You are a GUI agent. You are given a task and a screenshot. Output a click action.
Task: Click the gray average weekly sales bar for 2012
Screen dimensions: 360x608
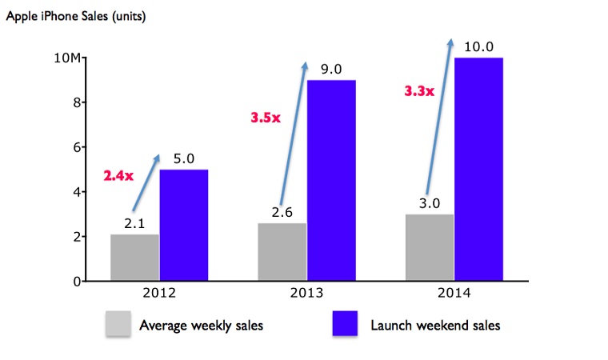[x=134, y=257]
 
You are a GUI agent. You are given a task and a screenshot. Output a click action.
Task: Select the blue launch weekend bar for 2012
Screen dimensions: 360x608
[x=183, y=225]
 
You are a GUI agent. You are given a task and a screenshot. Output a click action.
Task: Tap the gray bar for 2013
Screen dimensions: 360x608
[x=282, y=251]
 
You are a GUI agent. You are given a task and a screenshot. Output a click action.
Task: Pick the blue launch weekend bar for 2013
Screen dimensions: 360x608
[x=331, y=180]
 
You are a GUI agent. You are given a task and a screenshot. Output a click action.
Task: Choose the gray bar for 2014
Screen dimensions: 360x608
[x=430, y=247]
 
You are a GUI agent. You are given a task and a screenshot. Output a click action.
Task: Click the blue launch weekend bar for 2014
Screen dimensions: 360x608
[x=478, y=169]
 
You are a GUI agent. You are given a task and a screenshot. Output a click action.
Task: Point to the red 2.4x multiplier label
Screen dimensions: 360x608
[x=119, y=175]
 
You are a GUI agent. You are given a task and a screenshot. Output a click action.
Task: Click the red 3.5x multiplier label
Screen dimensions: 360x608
[x=266, y=118]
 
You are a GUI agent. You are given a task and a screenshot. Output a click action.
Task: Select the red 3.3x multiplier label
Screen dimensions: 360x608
[x=418, y=91]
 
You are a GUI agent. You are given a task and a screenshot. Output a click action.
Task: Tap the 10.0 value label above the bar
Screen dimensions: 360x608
[x=478, y=46]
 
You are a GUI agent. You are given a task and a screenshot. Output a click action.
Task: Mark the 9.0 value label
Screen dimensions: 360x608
[x=330, y=70]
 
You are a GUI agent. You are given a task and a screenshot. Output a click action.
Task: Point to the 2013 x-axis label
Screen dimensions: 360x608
[x=306, y=294]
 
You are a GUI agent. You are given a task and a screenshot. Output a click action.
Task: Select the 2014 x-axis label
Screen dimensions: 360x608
[x=454, y=294]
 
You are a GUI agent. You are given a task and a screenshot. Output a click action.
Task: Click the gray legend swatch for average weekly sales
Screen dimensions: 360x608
[x=119, y=325]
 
